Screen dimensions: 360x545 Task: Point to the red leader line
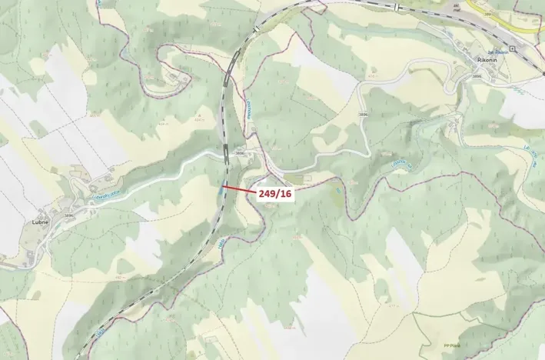pyautogui.click(x=239, y=189)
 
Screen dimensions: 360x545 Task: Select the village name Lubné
pyautogui.click(x=41, y=222)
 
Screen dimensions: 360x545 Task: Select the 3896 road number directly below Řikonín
pyautogui.click(x=478, y=76)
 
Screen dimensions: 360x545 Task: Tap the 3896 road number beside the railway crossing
pyautogui.click(x=240, y=153)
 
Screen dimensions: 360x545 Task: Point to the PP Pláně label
pyautogui.click(x=453, y=345)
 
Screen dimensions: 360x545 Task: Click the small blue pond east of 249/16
pyautogui.click(x=337, y=188)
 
